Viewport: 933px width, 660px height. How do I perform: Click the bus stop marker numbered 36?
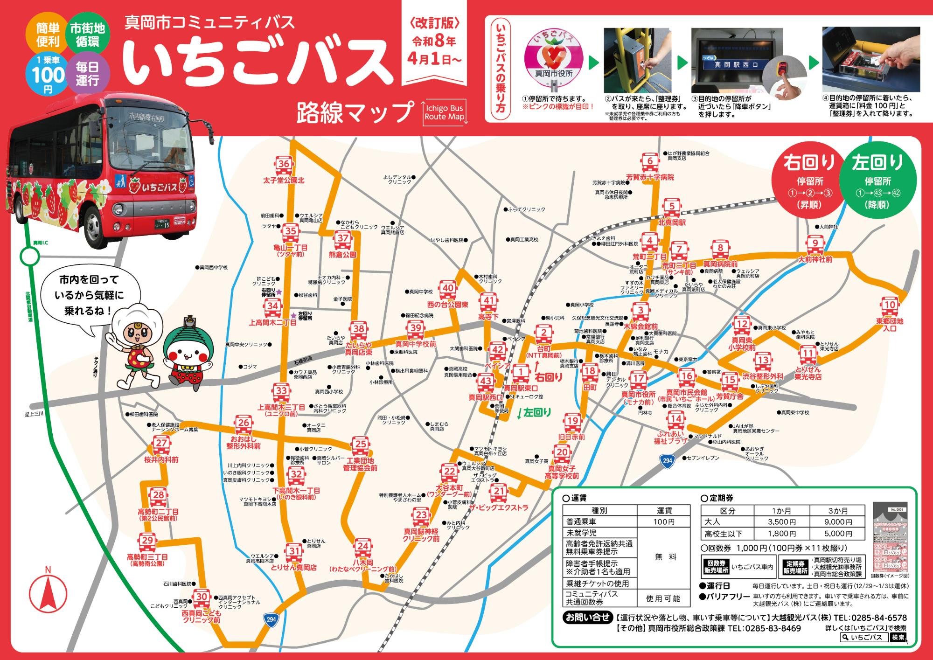tap(284, 164)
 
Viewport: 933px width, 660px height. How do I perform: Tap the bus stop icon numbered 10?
tap(890, 306)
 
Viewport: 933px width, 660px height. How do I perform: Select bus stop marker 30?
tap(202, 597)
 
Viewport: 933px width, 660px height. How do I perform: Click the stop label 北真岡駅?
tap(672, 223)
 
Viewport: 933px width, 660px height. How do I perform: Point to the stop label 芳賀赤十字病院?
tap(650, 178)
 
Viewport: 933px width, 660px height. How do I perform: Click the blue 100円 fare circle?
tap(48, 75)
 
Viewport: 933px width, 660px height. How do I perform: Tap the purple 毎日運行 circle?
tap(87, 75)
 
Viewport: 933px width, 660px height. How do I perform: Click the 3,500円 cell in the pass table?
tap(781, 522)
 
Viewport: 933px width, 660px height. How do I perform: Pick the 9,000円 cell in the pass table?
tap(838, 522)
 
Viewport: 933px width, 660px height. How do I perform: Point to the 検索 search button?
tap(898, 638)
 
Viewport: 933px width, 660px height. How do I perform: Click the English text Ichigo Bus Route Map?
tap(444, 112)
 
